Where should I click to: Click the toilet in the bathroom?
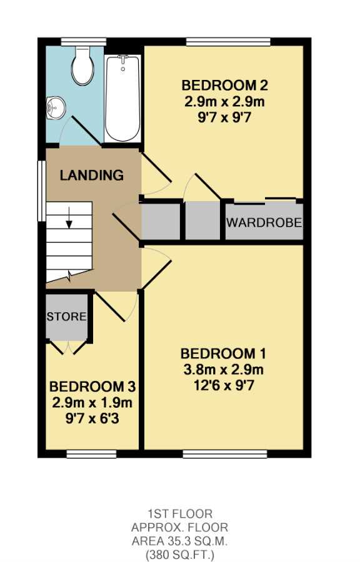pos(83,66)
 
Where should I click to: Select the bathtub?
pos(122,99)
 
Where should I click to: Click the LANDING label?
pos(91,175)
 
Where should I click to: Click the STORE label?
pos(67,317)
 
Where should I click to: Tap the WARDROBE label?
pos(264,222)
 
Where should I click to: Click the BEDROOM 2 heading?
pos(225,86)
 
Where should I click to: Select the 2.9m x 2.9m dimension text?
pos(225,102)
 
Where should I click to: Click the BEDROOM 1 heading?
pos(223,353)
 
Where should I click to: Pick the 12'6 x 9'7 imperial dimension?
pos(224,386)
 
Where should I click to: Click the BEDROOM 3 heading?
pos(92,387)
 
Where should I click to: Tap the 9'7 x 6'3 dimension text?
pos(92,418)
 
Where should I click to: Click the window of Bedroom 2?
pos(228,42)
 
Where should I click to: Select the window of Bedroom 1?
pos(225,454)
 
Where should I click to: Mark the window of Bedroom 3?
pos(91,454)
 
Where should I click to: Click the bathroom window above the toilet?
pos(84,42)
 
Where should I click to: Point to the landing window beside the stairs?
pos(42,190)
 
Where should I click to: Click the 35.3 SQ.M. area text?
pos(179,541)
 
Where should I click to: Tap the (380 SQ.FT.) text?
pos(179,555)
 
